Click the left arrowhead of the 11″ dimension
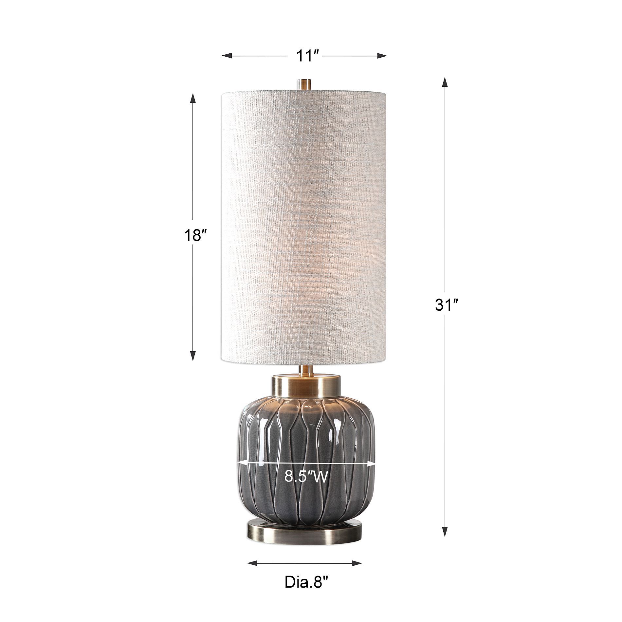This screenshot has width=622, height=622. coord(227,56)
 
